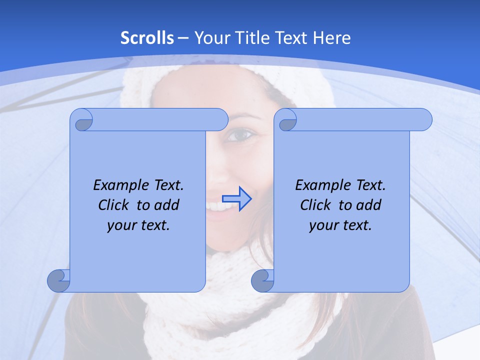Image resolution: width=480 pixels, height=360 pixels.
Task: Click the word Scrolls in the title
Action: [x=147, y=38]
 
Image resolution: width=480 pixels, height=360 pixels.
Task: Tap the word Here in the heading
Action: [x=331, y=38]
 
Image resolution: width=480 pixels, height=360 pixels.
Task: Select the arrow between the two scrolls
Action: [x=236, y=198]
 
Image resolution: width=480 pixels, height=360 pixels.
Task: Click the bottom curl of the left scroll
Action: [x=58, y=280]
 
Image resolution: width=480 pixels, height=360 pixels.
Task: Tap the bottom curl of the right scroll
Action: [x=262, y=280]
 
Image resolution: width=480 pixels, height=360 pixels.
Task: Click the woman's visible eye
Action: [x=243, y=134]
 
